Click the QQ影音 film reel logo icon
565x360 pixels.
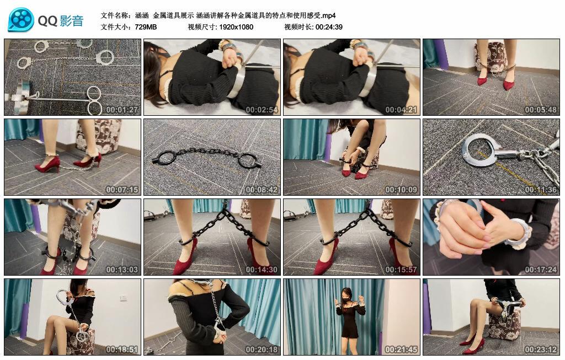coord(21,20)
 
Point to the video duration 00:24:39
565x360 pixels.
coord(329,27)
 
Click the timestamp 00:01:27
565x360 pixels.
coord(122,110)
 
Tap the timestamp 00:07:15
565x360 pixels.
coord(122,190)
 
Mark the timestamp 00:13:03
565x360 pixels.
coord(122,270)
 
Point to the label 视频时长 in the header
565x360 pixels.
coord(299,27)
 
